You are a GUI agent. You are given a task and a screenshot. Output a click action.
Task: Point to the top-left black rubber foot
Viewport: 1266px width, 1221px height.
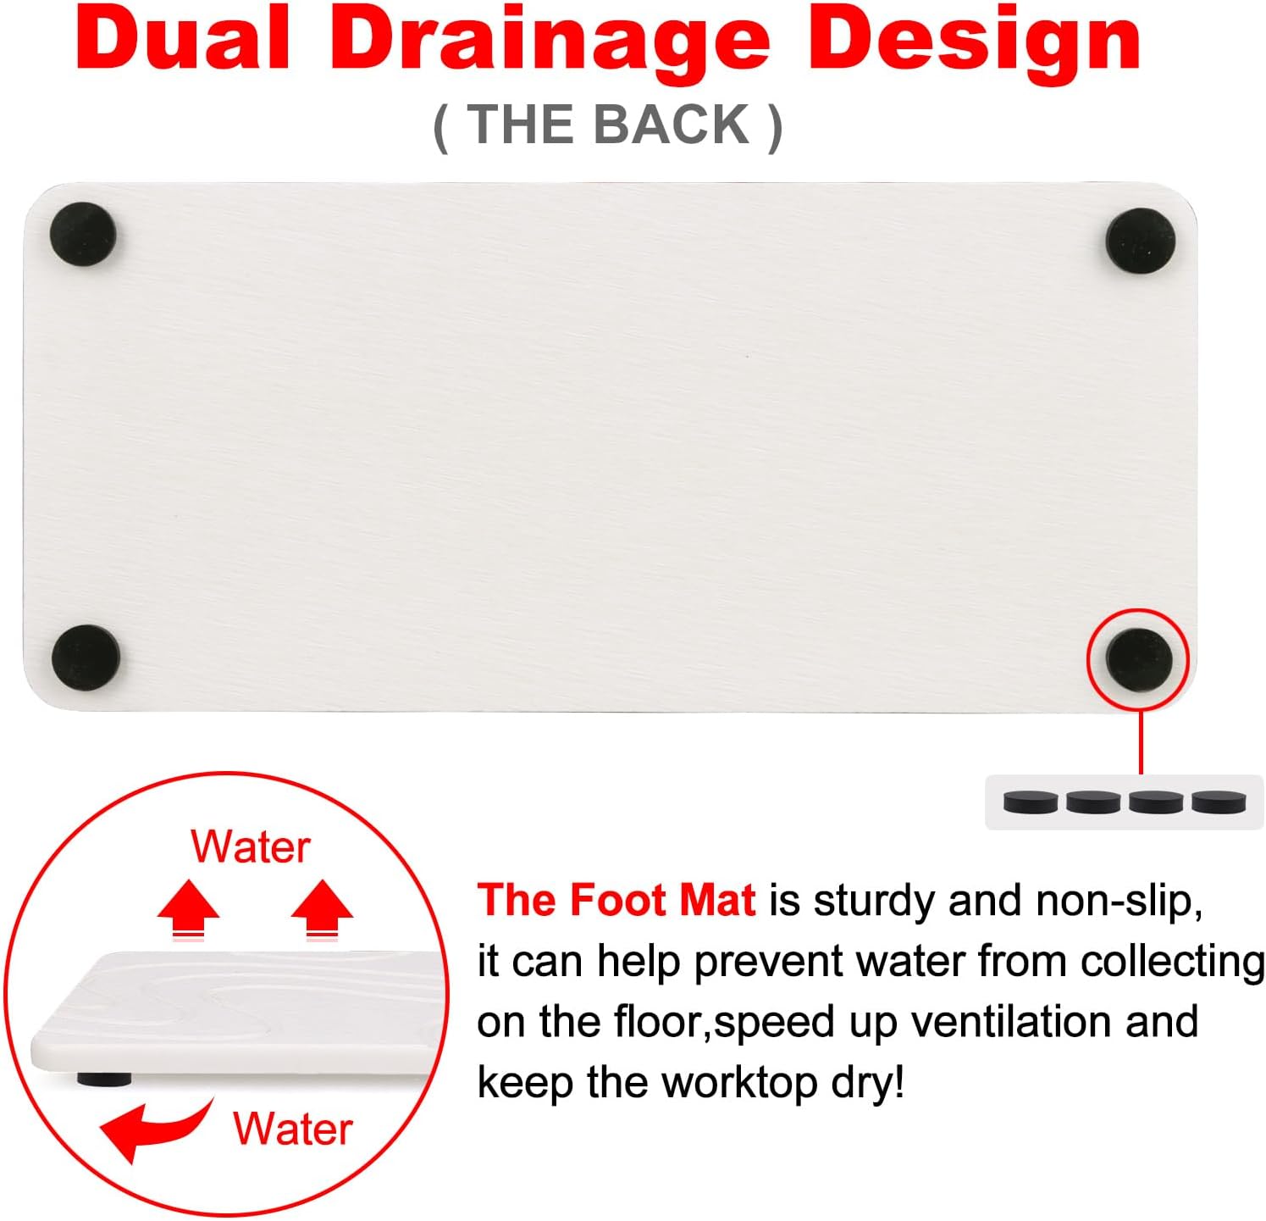[82, 234]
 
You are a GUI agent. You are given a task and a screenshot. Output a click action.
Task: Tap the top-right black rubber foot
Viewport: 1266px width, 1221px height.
[1140, 241]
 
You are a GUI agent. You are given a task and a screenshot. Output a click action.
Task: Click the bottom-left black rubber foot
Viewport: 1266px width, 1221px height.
[86, 658]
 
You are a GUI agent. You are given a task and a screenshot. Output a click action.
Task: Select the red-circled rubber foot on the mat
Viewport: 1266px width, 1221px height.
[1139, 659]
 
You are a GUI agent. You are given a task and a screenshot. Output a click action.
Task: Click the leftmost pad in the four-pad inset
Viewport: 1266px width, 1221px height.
[1031, 801]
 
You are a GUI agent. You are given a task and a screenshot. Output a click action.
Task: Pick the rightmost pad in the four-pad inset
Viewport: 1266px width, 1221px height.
[1219, 801]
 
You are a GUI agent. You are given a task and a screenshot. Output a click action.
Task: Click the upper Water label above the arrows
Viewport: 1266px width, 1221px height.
[251, 846]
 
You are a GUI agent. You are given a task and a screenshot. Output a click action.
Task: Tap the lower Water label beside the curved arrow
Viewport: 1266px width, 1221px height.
[292, 1129]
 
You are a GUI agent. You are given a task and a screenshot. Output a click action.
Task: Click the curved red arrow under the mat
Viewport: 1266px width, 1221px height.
[152, 1128]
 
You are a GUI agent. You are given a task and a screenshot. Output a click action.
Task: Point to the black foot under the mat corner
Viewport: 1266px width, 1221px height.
[104, 1079]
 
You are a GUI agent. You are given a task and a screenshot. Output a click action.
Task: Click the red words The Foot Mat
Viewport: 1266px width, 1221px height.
[616, 900]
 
